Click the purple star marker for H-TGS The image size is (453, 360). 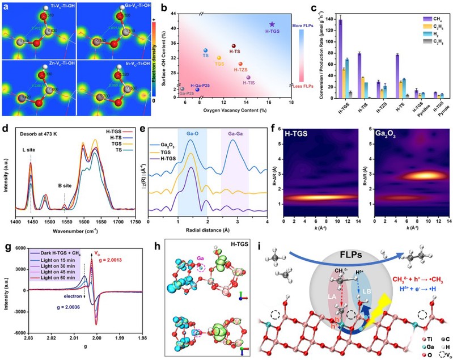click(x=272, y=24)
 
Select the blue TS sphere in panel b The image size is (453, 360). click(x=205, y=51)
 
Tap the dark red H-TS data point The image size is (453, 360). click(x=233, y=46)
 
